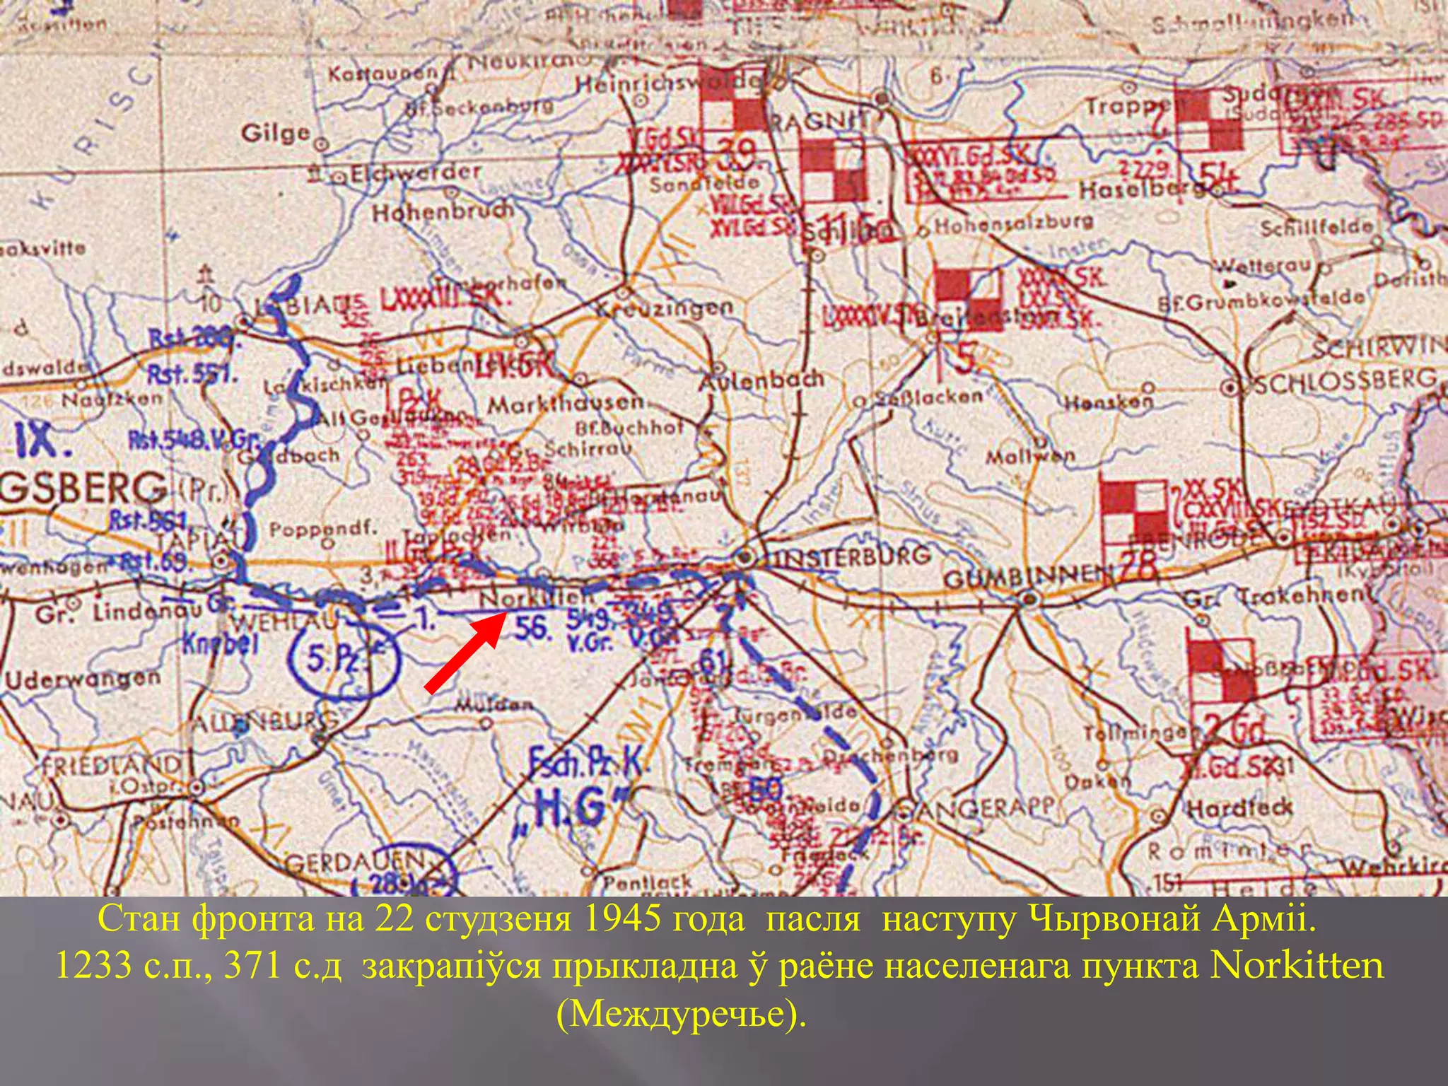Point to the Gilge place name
point(276,133)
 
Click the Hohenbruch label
point(443,211)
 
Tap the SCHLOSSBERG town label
point(1346,382)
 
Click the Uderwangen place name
point(83,679)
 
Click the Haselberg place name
point(1138,190)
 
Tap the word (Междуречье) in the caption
point(681,1014)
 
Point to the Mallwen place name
point(1030,456)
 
